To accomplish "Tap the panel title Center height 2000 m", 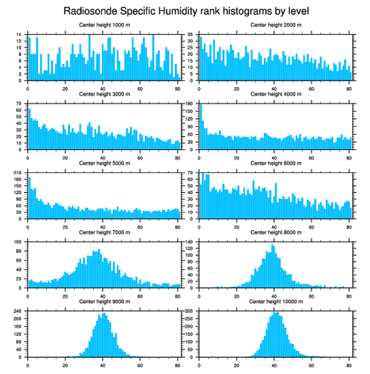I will click(276, 25).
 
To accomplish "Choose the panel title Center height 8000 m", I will click(276, 232).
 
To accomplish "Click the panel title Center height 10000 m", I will click(276, 301).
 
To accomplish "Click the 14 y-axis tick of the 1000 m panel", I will click(19, 34).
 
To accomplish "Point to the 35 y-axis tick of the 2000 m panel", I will click(191, 34).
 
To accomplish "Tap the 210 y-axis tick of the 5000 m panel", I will click(19, 173).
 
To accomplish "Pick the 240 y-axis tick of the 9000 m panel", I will click(19, 311).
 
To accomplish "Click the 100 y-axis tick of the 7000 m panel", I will click(19, 242).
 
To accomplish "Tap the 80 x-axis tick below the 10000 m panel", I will click(349, 364).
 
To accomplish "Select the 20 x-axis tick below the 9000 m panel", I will click(65, 364).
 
